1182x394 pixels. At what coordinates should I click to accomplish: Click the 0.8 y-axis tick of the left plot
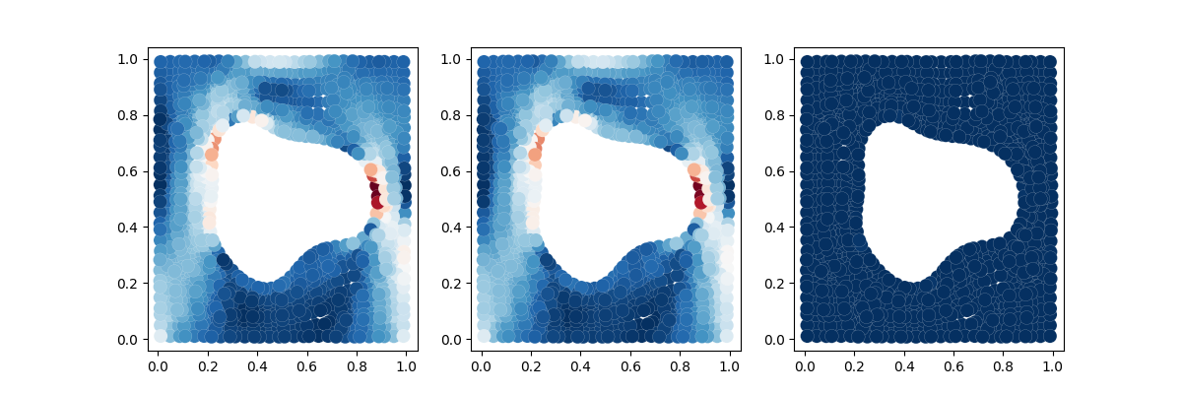coord(148,115)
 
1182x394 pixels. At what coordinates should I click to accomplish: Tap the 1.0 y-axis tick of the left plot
coord(148,59)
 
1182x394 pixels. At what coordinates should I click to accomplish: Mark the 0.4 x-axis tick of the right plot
coord(905,351)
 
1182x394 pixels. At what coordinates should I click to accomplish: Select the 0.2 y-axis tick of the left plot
coord(148,283)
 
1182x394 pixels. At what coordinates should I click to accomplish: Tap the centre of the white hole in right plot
coord(936,202)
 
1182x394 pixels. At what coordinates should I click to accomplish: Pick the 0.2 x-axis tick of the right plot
coord(856,351)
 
